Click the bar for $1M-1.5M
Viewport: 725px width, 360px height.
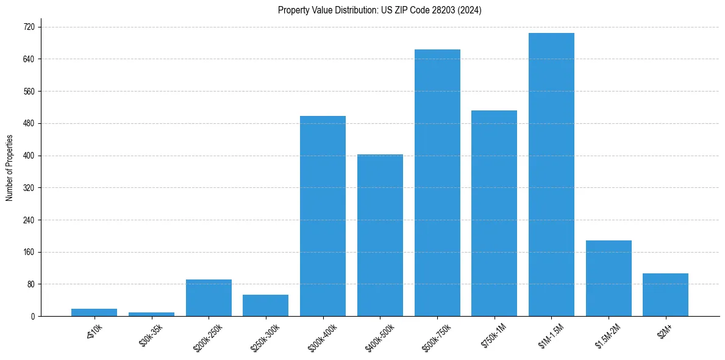[x=551, y=175]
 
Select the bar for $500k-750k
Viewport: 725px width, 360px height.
[x=437, y=182]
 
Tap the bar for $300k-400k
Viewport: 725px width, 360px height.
[x=323, y=216]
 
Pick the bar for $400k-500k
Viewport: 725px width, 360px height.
[x=380, y=235]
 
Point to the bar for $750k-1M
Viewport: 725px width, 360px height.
[x=494, y=213]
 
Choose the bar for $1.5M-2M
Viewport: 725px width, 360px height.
[x=609, y=278]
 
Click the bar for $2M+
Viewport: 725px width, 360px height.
[x=665, y=295]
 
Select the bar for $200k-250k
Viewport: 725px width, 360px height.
[x=209, y=298]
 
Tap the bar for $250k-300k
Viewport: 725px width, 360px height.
[x=265, y=305]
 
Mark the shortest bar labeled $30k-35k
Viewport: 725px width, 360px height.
[x=151, y=314]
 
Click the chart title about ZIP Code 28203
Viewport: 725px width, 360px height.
[x=379, y=10]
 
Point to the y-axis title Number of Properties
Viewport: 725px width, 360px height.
[x=10, y=168]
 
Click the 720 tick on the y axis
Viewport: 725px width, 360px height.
[x=29, y=27]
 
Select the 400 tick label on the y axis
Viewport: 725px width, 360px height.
[x=29, y=156]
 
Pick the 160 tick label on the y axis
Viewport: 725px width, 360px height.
[x=29, y=252]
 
